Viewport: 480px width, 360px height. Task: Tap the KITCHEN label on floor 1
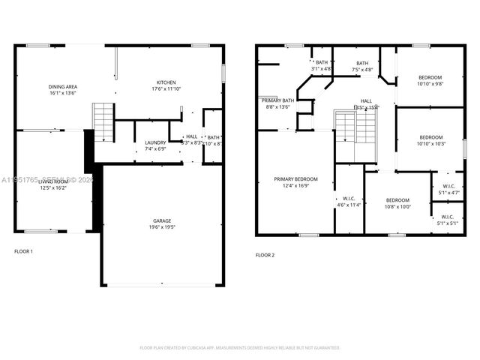pyautogui.click(x=166, y=82)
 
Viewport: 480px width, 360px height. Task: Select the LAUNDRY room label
pyautogui.click(x=155, y=142)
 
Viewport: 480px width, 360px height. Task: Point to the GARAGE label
pyautogui.click(x=162, y=220)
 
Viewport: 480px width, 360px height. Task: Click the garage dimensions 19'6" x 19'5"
pyautogui.click(x=162, y=227)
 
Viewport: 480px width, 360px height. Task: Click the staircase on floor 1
pyautogui.click(x=102, y=122)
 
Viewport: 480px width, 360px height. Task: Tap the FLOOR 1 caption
pyautogui.click(x=23, y=250)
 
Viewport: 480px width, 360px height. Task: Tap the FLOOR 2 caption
pyautogui.click(x=265, y=255)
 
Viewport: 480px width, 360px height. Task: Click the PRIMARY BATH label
pyautogui.click(x=277, y=100)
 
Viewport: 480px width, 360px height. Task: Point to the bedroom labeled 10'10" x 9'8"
pyautogui.click(x=430, y=77)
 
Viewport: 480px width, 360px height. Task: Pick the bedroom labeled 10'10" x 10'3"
pyautogui.click(x=430, y=137)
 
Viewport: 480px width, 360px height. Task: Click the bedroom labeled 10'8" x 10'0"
pyautogui.click(x=397, y=199)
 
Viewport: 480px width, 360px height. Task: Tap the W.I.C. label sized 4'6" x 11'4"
pyautogui.click(x=349, y=199)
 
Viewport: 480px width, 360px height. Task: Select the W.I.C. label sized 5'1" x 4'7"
pyautogui.click(x=448, y=187)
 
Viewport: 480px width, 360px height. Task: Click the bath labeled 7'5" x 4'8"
pyautogui.click(x=362, y=63)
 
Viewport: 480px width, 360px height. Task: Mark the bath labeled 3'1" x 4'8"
pyautogui.click(x=321, y=62)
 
